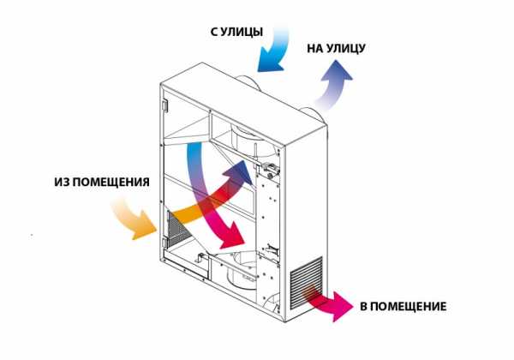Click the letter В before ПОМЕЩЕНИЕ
pos(363,306)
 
